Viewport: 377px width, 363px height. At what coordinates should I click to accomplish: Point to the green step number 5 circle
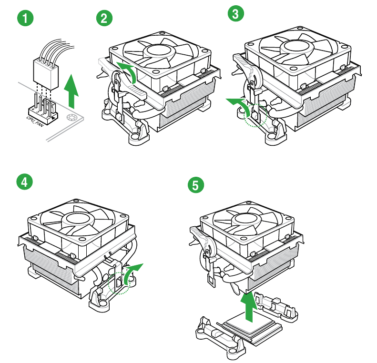pos(195,185)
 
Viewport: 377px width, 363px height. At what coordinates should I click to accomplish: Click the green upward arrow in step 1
pos(71,90)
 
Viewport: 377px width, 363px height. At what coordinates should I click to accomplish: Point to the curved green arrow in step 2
pos(129,71)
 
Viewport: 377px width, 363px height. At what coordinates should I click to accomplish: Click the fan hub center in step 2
pos(161,50)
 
